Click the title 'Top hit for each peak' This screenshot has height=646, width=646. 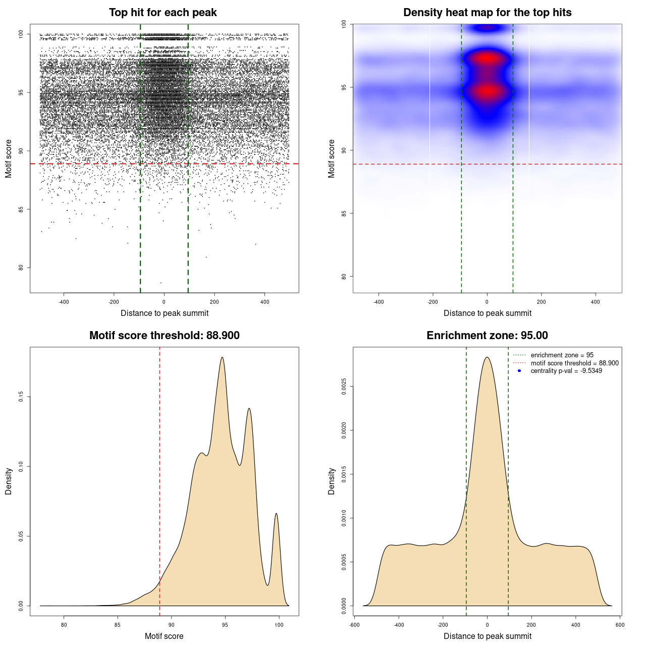coord(163,13)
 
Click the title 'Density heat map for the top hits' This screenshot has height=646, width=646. coord(487,13)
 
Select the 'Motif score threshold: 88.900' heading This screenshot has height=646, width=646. coord(164,336)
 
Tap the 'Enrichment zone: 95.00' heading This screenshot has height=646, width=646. coord(487,336)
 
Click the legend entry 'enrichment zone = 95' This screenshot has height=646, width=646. coord(562,355)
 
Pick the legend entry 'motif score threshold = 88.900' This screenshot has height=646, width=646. coord(574,363)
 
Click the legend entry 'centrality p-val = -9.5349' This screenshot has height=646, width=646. coord(566,371)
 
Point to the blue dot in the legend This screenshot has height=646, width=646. coord(519,371)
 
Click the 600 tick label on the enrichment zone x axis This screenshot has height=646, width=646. coord(620,625)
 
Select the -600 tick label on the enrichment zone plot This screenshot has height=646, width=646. coord(354,625)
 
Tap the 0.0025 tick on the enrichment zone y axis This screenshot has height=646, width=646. coord(344,387)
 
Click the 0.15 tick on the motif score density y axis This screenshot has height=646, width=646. coord(21,397)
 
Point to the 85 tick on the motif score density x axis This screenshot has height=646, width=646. coord(118,625)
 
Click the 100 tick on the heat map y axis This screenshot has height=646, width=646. coord(344,24)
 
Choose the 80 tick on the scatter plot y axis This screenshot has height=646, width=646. coord(21,267)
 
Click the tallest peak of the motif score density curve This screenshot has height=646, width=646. coord(222,357)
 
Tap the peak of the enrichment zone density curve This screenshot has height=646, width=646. coord(487,357)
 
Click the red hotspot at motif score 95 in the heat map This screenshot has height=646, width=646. coord(487,91)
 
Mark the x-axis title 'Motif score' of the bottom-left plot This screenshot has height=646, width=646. coord(164,636)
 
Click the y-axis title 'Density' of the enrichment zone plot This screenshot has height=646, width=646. coord(332,481)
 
